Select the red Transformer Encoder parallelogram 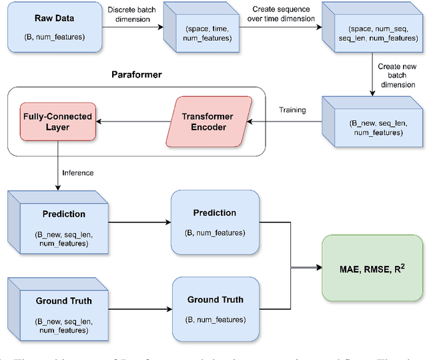(207, 122)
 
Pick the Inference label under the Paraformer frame (78, 172)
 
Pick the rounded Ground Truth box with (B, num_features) (214, 307)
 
